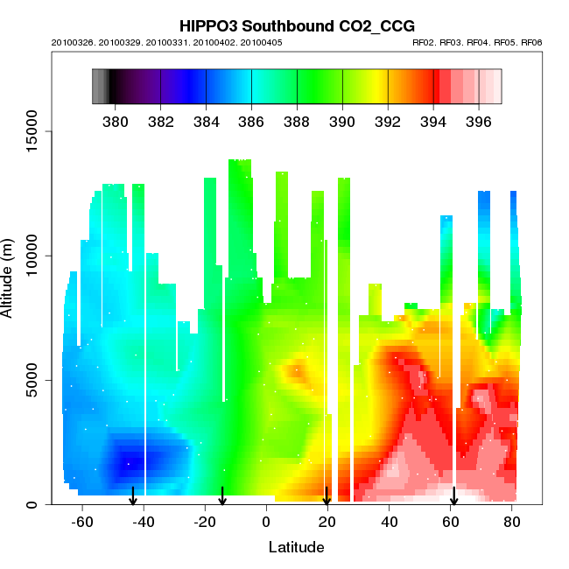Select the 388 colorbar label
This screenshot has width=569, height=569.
tap(297, 121)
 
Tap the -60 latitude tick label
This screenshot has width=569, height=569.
tap(82, 522)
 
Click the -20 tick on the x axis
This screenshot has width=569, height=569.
tap(205, 522)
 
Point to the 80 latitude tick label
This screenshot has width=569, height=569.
tap(513, 522)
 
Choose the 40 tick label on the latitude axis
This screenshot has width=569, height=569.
tap(390, 522)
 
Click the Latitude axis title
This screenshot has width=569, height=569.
tap(296, 548)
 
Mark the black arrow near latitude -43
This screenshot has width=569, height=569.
tap(133, 496)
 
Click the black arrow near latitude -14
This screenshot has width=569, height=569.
tap(222, 496)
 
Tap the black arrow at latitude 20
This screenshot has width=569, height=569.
tap(327, 496)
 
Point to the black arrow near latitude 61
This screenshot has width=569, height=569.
tap(453, 496)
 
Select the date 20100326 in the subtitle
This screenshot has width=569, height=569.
tap(72, 42)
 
